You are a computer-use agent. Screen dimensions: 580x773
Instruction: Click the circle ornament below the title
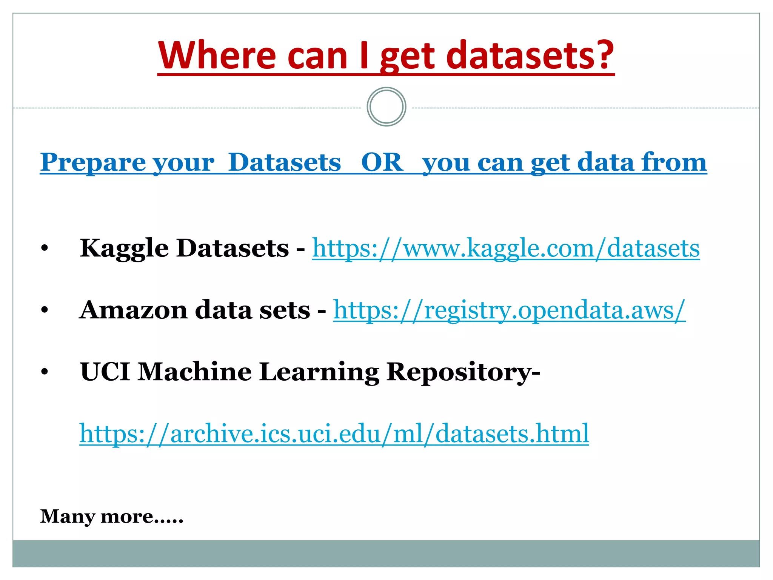[386, 107]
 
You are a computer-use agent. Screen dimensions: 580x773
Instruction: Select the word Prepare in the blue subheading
[93, 162]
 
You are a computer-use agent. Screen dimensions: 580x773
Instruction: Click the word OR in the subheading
[382, 162]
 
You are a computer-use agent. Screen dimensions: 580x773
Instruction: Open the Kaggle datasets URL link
[506, 248]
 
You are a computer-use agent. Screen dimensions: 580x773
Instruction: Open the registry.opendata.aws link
[509, 310]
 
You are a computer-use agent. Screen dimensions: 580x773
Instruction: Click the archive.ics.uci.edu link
[334, 433]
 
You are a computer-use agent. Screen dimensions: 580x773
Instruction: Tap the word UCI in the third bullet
[105, 372]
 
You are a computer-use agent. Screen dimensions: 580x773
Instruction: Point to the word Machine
[194, 372]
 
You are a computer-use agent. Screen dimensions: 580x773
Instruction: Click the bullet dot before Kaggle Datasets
[45, 248]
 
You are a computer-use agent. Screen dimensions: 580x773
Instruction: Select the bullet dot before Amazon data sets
[45, 310]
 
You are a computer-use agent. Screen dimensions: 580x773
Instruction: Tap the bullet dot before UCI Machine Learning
[45, 372]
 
